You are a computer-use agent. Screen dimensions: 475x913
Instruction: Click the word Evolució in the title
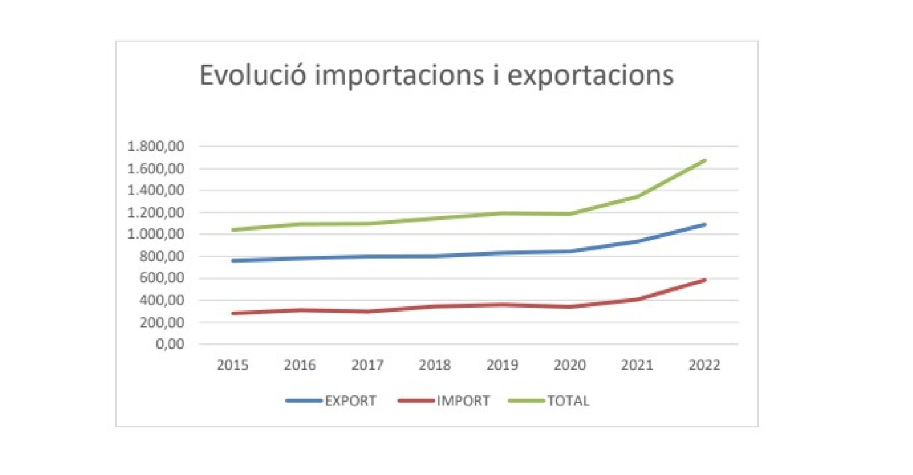pyautogui.click(x=253, y=76)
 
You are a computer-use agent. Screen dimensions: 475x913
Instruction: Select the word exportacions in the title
pyautogui.click(x=590, y=76)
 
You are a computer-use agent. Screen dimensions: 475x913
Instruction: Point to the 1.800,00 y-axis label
pyautogui.click(x=156, y=147)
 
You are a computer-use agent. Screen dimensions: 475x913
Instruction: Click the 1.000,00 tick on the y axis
pyautogui.click(x=156, y=234)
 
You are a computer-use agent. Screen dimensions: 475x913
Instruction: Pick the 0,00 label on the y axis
pyautogui.click(x=170, y=344)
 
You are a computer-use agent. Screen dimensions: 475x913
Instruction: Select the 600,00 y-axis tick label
pyautogui.click(x=162, y=278)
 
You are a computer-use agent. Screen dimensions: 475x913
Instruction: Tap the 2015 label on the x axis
pyautogui.click(x=232, y=365)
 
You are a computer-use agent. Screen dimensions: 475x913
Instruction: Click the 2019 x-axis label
pyautogui.click(x=502, y=365)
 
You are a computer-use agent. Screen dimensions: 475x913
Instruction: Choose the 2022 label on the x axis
pyautogui.click(x=704, y=365)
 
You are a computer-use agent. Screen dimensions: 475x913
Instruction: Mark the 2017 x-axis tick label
pyautogui.click(x=367, y=365)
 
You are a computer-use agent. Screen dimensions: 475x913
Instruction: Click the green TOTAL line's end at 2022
pyautogui.click(x=705, y=161)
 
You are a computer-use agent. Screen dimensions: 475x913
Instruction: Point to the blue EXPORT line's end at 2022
pyautogui.click(x=705, y=225)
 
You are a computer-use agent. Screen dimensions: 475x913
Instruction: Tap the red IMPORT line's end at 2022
pyautogui.click(x=705, y=280)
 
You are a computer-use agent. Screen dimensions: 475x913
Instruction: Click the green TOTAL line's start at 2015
pyautogui.click(x=233, y=230)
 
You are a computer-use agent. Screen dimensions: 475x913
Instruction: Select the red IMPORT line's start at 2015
pyautogui.click(x=233, y=313)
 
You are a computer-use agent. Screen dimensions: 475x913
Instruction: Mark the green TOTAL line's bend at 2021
pyautogui.click(x=637, y=196)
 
